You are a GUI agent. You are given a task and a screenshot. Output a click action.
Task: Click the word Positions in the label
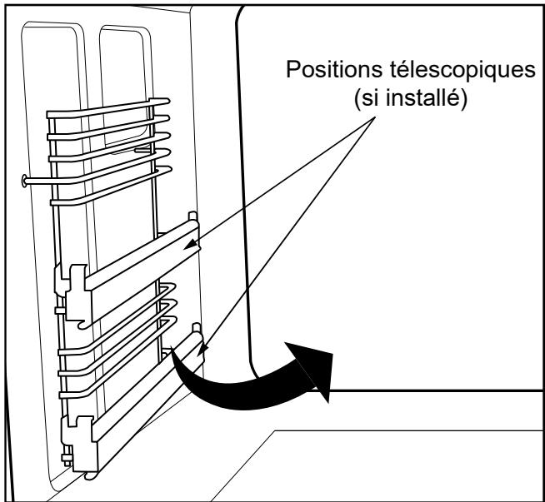coord(334,71)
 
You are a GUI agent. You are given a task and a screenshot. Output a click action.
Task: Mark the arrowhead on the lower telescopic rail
coord(202,350)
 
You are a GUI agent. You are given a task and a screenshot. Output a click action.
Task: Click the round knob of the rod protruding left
coord(24,181)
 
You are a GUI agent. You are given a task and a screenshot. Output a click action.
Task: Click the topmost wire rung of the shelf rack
coord(107,108)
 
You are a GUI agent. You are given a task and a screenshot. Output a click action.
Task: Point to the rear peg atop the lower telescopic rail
coord(197,327)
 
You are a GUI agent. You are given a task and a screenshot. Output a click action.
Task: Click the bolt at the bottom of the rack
coord(67,459)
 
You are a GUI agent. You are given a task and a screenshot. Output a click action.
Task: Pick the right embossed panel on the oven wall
coord(126,87)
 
